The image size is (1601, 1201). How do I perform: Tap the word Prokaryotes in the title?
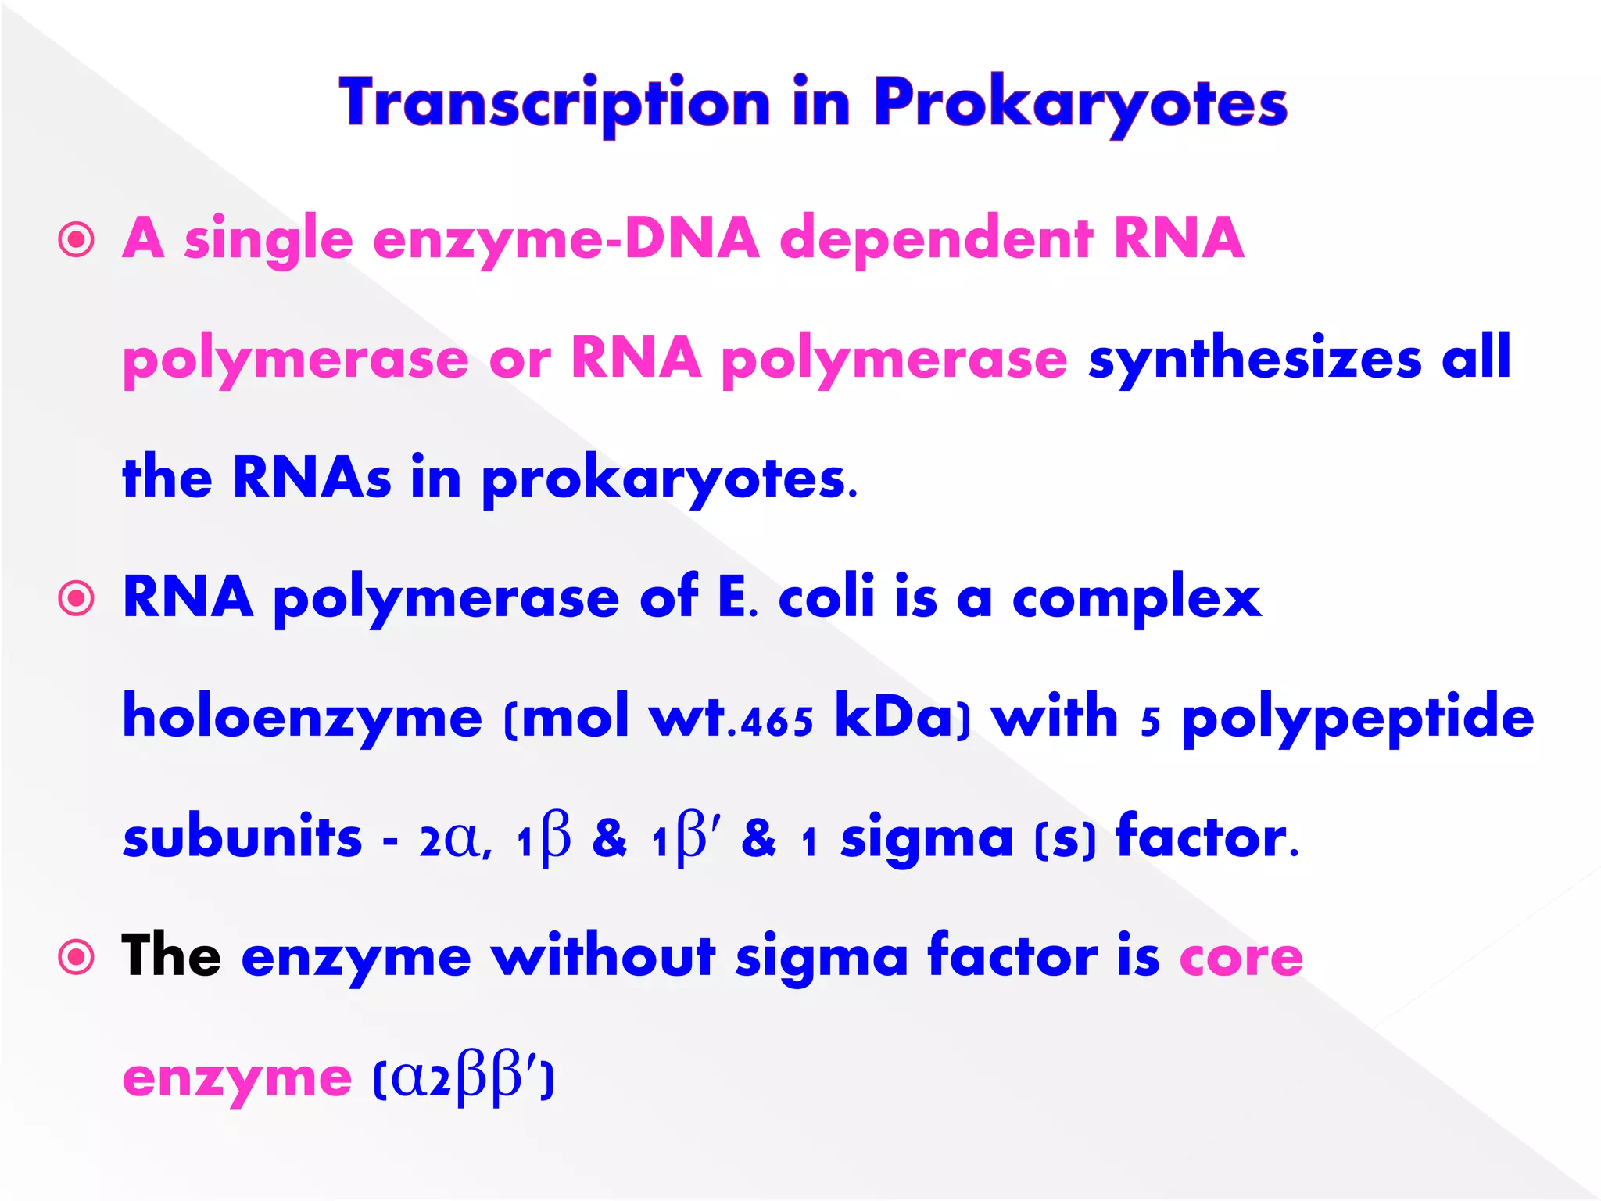pyautogui.click(x=1080, y=103)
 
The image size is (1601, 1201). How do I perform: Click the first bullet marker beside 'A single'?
pyautogui.click(x=77, y=240)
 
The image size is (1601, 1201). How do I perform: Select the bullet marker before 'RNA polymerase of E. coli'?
pyautogui.click(x=77, y=599)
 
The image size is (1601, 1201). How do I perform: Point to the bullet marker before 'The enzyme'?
pyautogui.click(x=77, y=957)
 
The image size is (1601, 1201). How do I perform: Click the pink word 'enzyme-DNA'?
pyautogui.click(x=566, y=239)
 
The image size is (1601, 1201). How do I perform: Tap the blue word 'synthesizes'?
pyautogui.click(x=1255, y=359)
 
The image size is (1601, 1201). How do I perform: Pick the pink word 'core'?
pyautogui.click(x=1241, y=959)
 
